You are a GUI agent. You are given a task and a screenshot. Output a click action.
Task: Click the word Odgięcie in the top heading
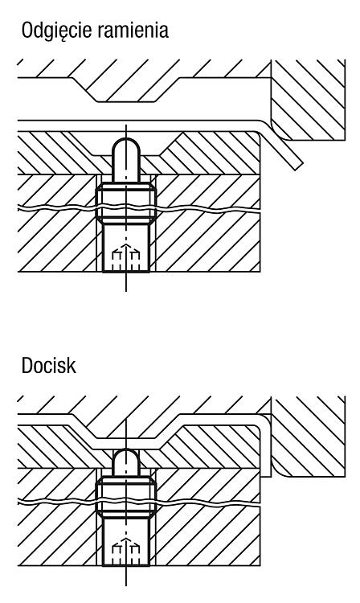56,31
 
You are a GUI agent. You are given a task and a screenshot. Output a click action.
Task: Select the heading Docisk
48,365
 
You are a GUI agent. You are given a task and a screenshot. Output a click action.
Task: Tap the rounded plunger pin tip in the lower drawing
125,461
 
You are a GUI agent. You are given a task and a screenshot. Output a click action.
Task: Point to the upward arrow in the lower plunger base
125,550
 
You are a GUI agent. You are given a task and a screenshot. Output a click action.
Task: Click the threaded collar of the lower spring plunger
125,497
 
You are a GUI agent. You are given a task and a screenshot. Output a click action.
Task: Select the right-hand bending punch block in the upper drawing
307,100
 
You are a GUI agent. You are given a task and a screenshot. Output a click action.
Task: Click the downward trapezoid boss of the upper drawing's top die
127,90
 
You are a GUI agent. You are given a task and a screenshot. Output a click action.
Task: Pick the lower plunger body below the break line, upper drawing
125,248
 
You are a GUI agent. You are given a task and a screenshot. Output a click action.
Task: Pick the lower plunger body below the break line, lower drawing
125,541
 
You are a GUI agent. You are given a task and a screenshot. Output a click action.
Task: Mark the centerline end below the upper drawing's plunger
126,291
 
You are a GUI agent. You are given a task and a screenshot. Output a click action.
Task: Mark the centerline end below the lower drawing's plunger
126,585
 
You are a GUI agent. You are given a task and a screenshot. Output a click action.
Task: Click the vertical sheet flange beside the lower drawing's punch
266,446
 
